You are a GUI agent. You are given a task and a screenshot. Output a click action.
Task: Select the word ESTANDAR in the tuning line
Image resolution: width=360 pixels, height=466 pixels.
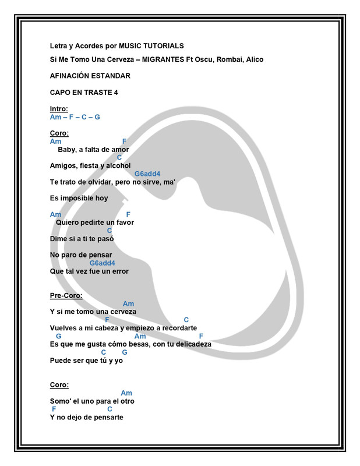[x=110, y=76]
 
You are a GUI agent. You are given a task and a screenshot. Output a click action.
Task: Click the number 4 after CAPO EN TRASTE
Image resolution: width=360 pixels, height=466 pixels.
[x=116, y=93]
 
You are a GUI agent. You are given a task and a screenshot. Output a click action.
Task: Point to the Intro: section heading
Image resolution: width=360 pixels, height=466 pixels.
[x=59, y=109]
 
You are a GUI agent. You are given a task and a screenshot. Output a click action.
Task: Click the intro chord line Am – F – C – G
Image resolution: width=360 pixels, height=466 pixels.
[x=75, y=117]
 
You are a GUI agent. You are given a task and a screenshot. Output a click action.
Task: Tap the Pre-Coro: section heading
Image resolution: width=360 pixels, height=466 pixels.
[x=66, y=295]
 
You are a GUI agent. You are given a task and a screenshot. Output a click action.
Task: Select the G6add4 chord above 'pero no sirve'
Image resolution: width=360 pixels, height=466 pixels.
[x=147, y=174]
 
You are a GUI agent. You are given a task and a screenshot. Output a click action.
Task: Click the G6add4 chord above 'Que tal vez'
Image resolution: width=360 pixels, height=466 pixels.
[x=103, y=263]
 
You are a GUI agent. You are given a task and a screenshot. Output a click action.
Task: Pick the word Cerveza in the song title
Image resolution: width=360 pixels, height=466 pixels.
[x=118, y=61]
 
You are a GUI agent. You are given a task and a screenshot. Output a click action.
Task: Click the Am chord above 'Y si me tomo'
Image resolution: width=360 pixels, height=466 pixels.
[x=128, y=303]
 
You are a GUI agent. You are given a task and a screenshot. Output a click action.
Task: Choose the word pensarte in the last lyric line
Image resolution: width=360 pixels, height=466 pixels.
[x=108, y=417]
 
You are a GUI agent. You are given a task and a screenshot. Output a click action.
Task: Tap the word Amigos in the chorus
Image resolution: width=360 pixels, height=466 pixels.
[x=63, y=165]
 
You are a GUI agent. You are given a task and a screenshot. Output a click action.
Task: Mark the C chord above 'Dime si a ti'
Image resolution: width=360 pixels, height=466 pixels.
[x=110, y=230]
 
